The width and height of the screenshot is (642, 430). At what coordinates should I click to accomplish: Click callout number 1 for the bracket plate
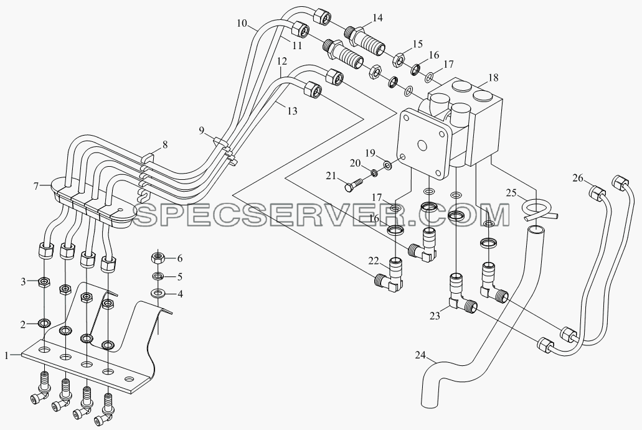coord(7,355)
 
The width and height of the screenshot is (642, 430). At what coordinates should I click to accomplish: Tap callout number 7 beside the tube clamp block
coord(36,187)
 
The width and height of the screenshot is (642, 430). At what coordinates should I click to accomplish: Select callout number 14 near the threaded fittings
coord(377,18)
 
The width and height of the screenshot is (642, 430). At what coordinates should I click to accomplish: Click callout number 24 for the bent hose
coord(420,355)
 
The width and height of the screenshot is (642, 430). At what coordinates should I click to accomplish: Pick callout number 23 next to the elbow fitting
coord(435,316)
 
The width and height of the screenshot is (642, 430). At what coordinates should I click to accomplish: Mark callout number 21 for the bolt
coord(331,176)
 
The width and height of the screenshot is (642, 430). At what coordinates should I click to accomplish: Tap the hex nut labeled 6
coord(158,258)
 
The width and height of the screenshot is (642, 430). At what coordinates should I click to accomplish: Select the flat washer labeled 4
coord(158,293)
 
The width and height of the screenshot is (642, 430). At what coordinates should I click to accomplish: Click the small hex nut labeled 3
coord(44,282)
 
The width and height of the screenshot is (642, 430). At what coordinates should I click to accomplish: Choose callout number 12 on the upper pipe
coord(281,62)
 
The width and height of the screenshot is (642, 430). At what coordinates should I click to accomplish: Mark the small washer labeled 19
coord(387,166)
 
